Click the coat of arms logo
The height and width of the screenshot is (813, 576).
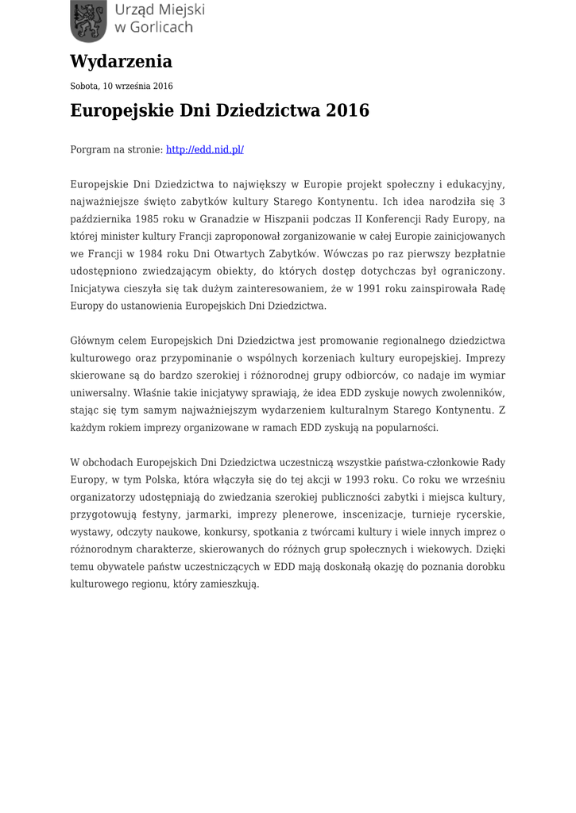coord(87,21)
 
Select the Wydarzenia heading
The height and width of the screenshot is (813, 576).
coord(121,61)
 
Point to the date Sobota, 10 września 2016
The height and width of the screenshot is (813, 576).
coord(122,86)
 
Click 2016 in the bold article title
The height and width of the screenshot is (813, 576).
coord(347,110)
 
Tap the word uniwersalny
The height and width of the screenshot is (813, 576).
coord(99,393)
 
